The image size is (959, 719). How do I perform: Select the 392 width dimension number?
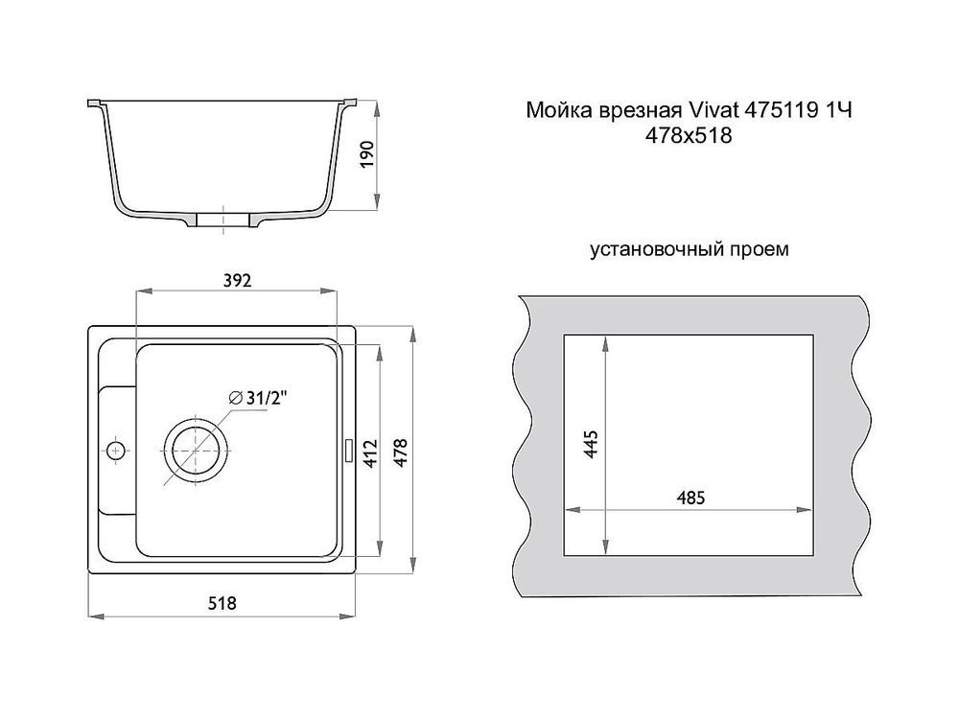237,281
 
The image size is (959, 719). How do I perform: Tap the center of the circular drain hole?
198,450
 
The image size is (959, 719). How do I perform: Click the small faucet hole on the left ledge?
116,450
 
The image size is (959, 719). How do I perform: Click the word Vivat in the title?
711,112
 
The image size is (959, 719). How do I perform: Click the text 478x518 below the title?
690,136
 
